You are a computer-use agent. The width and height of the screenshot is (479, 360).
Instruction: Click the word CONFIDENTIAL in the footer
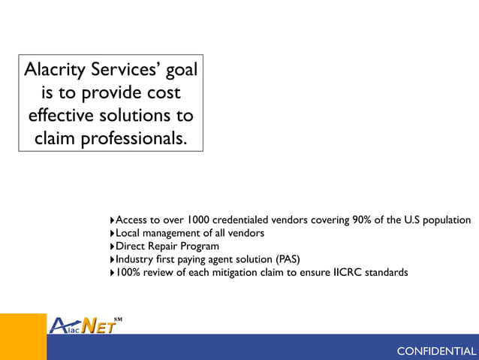[435, 352]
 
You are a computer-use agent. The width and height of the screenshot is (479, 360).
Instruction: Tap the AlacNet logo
[83, 325]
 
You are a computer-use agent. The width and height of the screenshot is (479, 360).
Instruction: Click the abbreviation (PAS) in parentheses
[286, 259]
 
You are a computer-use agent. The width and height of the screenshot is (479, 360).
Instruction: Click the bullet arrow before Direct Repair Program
[112, 247]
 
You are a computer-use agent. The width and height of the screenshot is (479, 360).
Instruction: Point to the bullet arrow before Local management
[112, 234]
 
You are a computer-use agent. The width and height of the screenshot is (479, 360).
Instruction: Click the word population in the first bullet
[445, 220]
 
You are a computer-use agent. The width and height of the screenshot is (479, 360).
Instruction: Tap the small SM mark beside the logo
[119, 319]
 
